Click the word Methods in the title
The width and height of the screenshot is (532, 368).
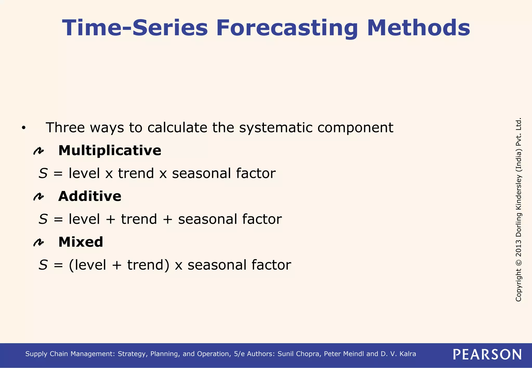tap(418, 28)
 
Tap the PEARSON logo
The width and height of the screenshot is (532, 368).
tap(487, 354)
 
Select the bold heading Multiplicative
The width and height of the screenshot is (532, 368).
tap(110, 151)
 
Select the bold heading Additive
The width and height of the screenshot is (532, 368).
tap(90, 196)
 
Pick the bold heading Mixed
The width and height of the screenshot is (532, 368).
tap(81, 242)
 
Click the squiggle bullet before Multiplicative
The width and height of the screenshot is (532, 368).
tap(39, 151)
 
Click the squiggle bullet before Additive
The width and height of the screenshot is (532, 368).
tap(39, 197)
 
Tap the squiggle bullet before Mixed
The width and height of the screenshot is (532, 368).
tap(39, 242)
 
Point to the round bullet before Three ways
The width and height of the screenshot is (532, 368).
tap(24, 128)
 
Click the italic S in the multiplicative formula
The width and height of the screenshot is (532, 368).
tap(43, 173)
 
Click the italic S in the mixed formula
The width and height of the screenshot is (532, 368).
tap(43, 265)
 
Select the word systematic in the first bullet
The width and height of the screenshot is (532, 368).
tap(275, 128)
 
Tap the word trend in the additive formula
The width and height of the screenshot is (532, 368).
tap(139, 219)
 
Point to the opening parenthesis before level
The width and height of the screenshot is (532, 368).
tap(71, 265)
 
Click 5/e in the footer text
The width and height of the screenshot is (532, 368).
tap(239, 354)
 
